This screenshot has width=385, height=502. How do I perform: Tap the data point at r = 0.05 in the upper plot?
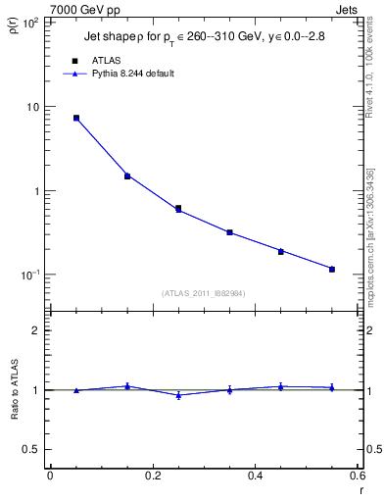[x=75, y=118]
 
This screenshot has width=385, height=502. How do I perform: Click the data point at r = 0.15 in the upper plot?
[x=127, y=176]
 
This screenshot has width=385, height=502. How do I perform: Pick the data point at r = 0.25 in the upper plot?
[x=178, y=209]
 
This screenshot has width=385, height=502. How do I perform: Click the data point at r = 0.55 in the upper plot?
[x=332, y=269]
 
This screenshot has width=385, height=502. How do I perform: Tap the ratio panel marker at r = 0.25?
[x=178, y=395]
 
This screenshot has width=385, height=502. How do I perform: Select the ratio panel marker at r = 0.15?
[x=127, y=386]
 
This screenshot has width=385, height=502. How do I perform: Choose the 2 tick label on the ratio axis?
[x=36, y=330]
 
